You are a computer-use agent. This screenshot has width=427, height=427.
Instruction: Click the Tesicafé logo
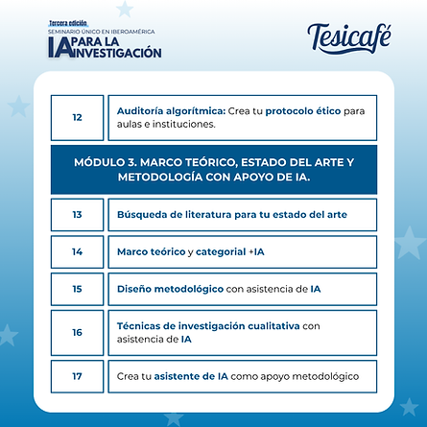[349, 38]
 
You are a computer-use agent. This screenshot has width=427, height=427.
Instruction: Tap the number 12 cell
[77, 118]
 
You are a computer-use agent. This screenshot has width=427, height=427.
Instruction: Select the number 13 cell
[77, 215]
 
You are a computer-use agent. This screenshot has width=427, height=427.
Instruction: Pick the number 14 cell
[77, 252]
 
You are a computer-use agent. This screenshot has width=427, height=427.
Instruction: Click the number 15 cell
[77, 289]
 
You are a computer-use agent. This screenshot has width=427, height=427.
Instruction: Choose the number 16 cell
[77, 333]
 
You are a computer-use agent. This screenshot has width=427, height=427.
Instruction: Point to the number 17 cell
[77, 376]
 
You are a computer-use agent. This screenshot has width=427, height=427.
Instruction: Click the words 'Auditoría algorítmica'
[171, 111]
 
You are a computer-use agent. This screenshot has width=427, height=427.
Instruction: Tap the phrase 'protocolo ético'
[303, 111]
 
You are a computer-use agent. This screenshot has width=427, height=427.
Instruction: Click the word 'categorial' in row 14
[221, 252]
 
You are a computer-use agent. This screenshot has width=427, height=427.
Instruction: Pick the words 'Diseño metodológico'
[170, 289]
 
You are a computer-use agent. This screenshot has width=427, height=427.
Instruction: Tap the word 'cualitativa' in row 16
[273, 326]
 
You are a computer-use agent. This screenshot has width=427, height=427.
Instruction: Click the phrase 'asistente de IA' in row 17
[191, 376]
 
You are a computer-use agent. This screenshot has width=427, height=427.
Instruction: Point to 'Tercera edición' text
[68, 23]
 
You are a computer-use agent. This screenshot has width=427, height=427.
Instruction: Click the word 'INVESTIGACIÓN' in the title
[117, 53]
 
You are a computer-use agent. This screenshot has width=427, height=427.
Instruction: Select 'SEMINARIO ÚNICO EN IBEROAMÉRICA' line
[102, 32]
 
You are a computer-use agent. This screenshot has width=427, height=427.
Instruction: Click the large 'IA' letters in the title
[59, 47]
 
